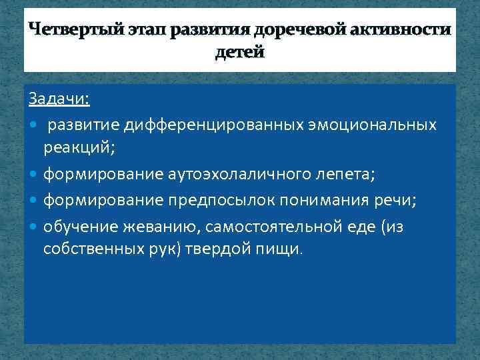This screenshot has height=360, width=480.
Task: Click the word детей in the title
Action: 239,53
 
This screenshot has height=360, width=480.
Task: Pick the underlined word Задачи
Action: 59,99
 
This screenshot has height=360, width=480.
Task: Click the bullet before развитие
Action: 34,125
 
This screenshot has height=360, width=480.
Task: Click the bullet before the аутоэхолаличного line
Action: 34,175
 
